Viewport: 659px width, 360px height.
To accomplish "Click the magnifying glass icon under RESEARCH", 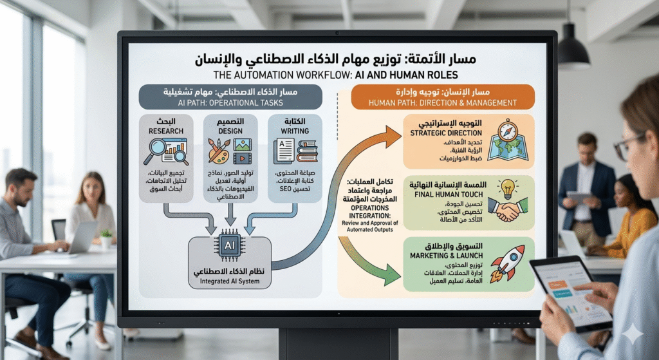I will (x=158, y=152).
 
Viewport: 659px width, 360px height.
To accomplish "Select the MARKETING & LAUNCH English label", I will (x=442, y=255).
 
